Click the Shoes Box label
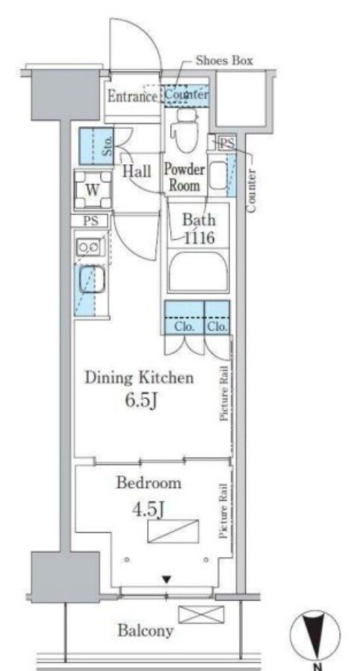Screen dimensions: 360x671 pos(224,60)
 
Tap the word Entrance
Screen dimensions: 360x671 pos(132,96)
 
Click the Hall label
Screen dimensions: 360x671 pos(137,171)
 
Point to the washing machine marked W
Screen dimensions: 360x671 pos(93,189)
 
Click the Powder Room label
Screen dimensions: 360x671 pos(184,177)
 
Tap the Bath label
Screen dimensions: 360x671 pos(199,220)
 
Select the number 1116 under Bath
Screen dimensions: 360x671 pos(199,237)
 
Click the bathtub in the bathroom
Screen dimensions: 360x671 pos(198,271)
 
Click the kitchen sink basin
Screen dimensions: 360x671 pos(91,280)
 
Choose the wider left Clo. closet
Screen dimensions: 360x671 pos(184,317)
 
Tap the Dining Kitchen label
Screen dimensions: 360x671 pos(139,378)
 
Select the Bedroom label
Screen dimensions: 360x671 pos(149,483)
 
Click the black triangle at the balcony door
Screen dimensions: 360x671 pos(167,580)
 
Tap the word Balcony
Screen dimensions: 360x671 pos(146,630)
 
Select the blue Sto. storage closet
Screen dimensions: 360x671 pos(97,146)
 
